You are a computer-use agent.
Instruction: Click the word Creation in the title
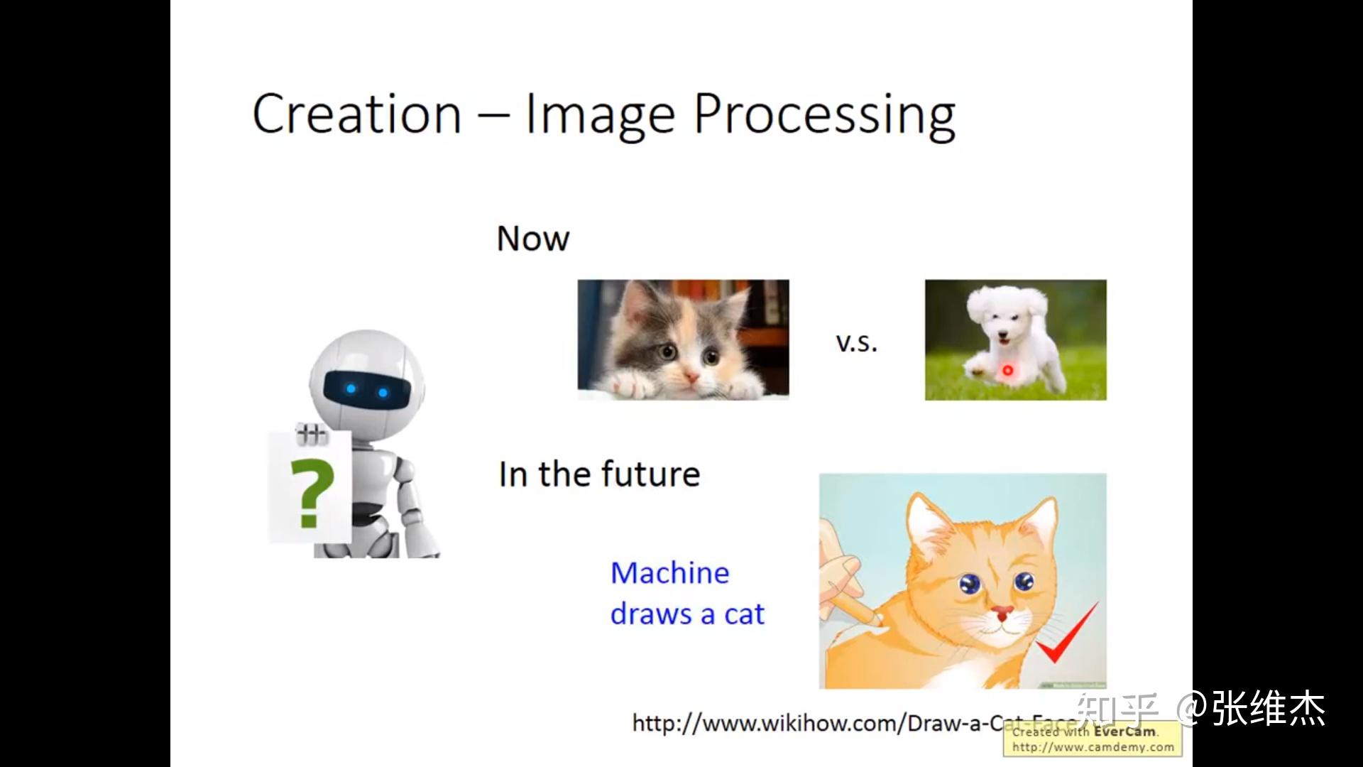[357, 114]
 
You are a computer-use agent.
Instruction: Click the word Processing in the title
[824, 116]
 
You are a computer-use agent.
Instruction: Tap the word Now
[532, 239]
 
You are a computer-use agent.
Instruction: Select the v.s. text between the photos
[856, 344]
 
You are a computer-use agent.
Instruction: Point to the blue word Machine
[669, 573]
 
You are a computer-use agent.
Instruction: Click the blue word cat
[744, 614]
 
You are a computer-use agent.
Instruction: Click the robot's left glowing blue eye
[351, 388]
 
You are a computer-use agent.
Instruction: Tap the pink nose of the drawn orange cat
[1002, 612]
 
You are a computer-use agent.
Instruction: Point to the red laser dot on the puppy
[1007, 370]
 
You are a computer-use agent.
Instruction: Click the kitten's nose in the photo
[690, 374]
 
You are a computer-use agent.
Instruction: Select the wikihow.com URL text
[816, 724]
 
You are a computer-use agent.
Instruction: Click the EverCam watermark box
[1092, 739]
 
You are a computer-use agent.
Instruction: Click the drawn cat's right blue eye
[1024, 582]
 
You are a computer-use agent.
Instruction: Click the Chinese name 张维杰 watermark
[1268, 709]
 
